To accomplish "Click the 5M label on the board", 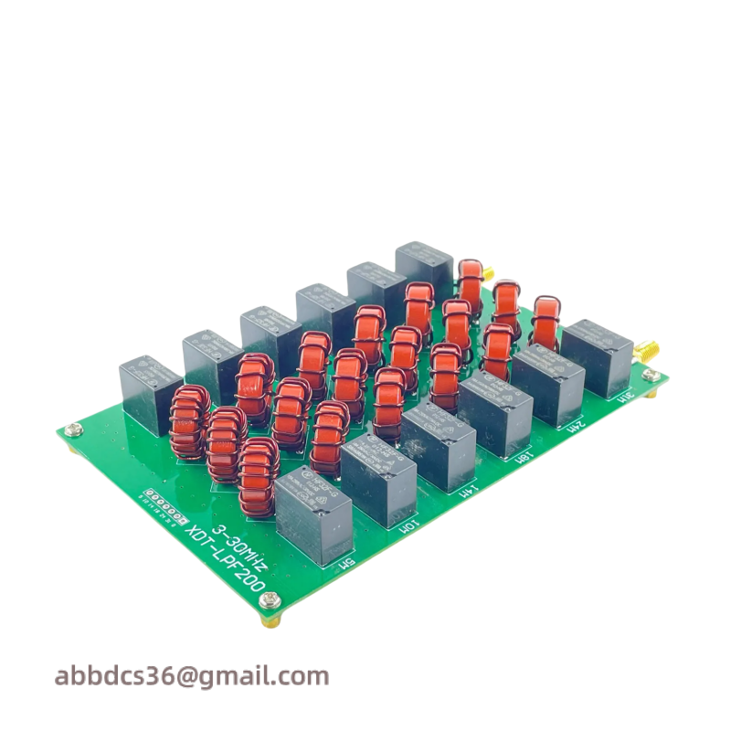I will [346, 567].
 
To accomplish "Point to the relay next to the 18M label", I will [496, 413].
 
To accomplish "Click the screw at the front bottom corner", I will [269, 601].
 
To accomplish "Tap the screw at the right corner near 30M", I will [651, 374].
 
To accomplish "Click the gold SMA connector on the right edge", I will [648, 349].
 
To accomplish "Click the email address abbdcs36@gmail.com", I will [192, 677].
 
